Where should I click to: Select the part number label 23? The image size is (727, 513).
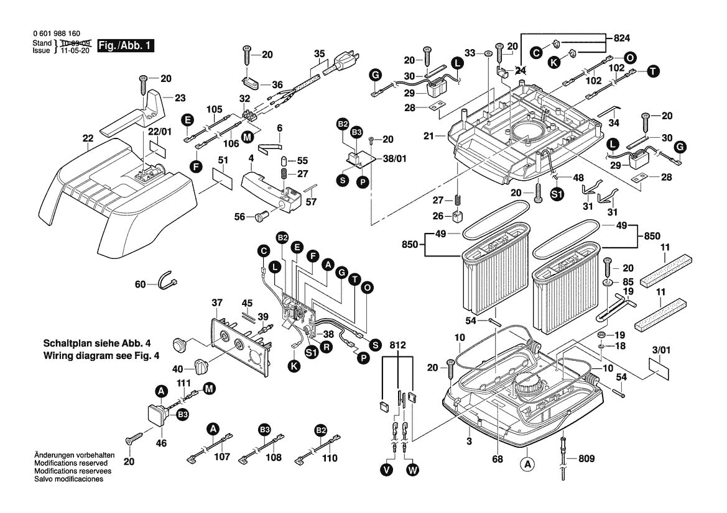tap(180, 98)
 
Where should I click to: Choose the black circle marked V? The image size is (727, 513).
tap(387, 471)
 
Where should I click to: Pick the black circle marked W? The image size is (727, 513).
tap(412, 471)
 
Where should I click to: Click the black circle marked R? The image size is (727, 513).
tap(325, 348)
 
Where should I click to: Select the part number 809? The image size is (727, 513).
tap(586, 459)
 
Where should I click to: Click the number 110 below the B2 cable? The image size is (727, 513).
tap(330, 458)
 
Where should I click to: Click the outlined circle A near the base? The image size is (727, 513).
tap(527, 463)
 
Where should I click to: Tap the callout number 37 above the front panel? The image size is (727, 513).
tap(216, 302)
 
